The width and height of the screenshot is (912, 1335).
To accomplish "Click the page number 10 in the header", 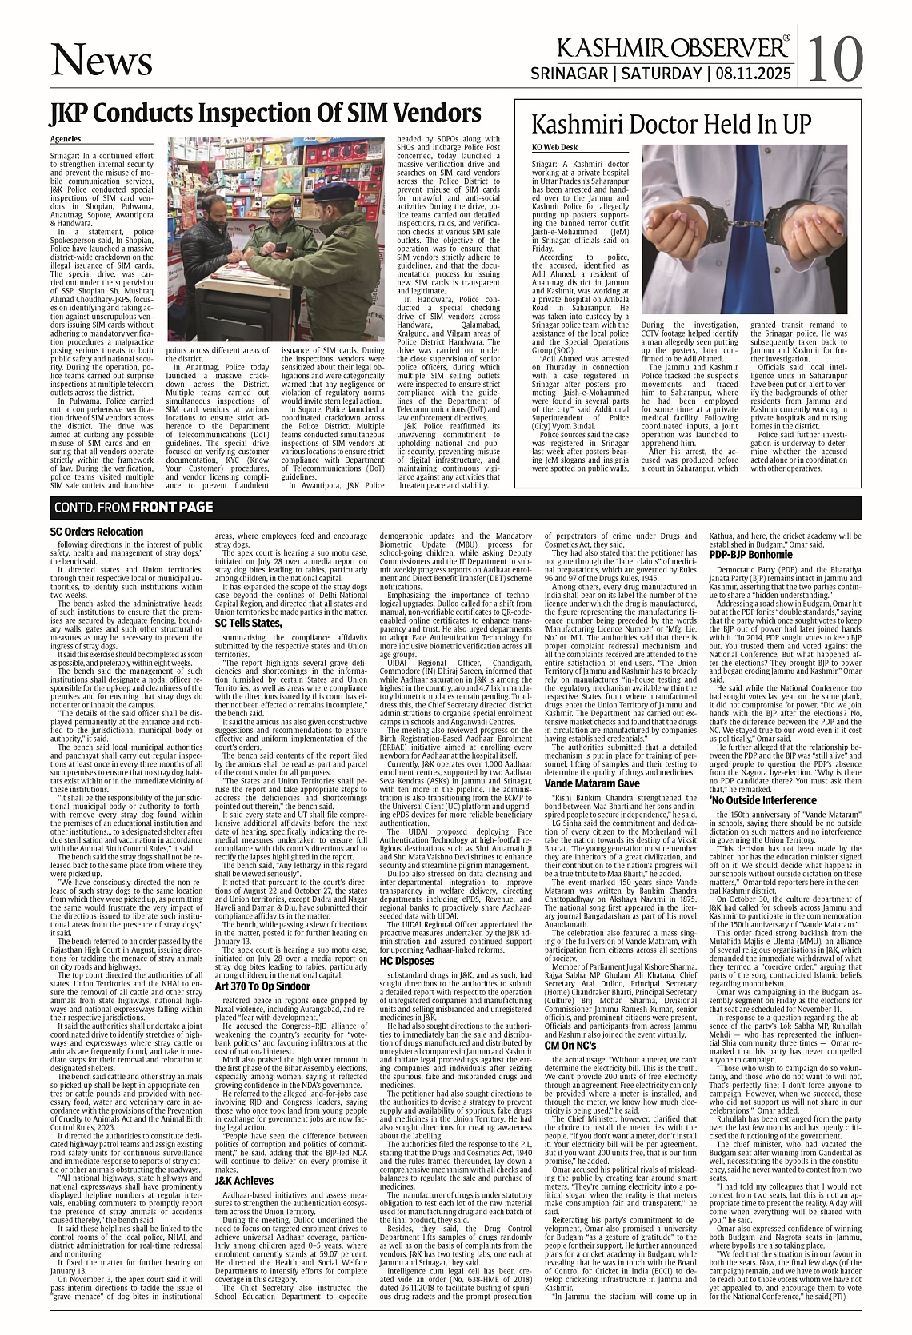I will [835, 58].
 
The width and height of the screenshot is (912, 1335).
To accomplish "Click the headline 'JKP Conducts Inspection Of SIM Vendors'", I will [265, 113].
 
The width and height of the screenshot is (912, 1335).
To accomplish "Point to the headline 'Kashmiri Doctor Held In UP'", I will [672, 126].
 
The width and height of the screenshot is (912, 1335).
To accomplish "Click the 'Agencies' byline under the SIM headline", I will [66, 139].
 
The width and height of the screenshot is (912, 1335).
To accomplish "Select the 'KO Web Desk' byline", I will [554, 148].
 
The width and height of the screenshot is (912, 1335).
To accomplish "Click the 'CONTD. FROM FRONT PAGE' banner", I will [133, 507].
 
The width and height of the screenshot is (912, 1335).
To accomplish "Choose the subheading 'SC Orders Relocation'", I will [96, 532].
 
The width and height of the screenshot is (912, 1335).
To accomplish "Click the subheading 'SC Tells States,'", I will [248, 623].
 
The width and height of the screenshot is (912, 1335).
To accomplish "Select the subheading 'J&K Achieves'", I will [244, 1180].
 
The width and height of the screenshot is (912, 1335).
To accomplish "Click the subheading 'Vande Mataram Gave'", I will [592, 783].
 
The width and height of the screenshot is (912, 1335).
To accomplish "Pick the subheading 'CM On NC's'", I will [570, 1045].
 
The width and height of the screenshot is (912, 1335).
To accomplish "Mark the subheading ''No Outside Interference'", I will [762, 799].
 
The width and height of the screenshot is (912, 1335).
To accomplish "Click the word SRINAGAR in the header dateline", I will [570, 74].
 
